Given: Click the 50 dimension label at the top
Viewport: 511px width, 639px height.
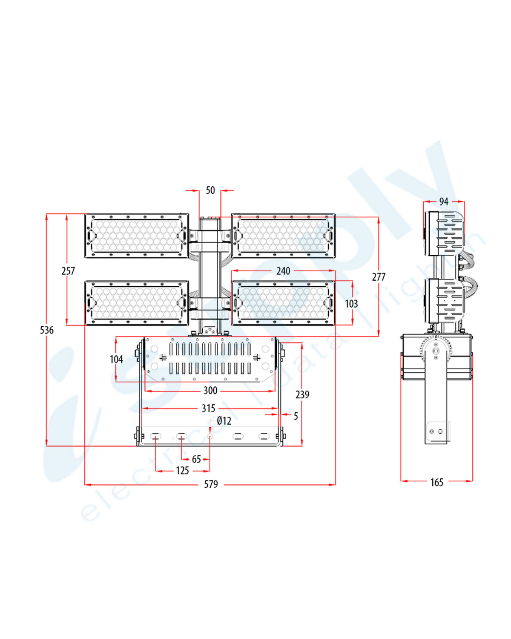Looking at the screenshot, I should (210, 190).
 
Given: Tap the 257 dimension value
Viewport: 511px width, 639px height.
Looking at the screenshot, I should (68, 271).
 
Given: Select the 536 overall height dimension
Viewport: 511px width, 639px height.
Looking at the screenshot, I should (47, 330).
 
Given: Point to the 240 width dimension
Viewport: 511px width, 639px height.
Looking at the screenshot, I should (283, 271).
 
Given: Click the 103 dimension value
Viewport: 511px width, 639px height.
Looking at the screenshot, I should (351, 304).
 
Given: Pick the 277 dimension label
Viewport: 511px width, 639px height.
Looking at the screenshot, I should (379, 277).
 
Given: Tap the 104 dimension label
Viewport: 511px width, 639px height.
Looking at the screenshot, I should (116, 360).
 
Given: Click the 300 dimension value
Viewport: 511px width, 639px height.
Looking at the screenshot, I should (210, 391).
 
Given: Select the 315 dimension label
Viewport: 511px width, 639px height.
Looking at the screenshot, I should (209, 409).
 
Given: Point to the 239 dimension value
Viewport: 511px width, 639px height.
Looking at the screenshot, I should (302, 395).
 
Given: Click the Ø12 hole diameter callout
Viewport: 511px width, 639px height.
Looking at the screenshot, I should (224, 421).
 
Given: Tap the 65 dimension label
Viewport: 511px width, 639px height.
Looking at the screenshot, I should (196, 459).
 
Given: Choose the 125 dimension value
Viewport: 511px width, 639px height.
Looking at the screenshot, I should (183, 471).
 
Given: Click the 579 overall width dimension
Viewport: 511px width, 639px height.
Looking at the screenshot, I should (211, 484).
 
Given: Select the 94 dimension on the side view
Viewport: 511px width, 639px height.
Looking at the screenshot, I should (444, 201).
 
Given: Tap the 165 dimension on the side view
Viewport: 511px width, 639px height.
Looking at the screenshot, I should (437, 482).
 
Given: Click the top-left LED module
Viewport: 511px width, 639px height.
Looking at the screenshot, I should (136, 236).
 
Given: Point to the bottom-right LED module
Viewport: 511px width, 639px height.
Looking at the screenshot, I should (283, 302).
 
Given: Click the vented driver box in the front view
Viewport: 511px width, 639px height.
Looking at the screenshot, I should (210, 359).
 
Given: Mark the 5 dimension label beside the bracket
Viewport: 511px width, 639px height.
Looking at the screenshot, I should (296, 416).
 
